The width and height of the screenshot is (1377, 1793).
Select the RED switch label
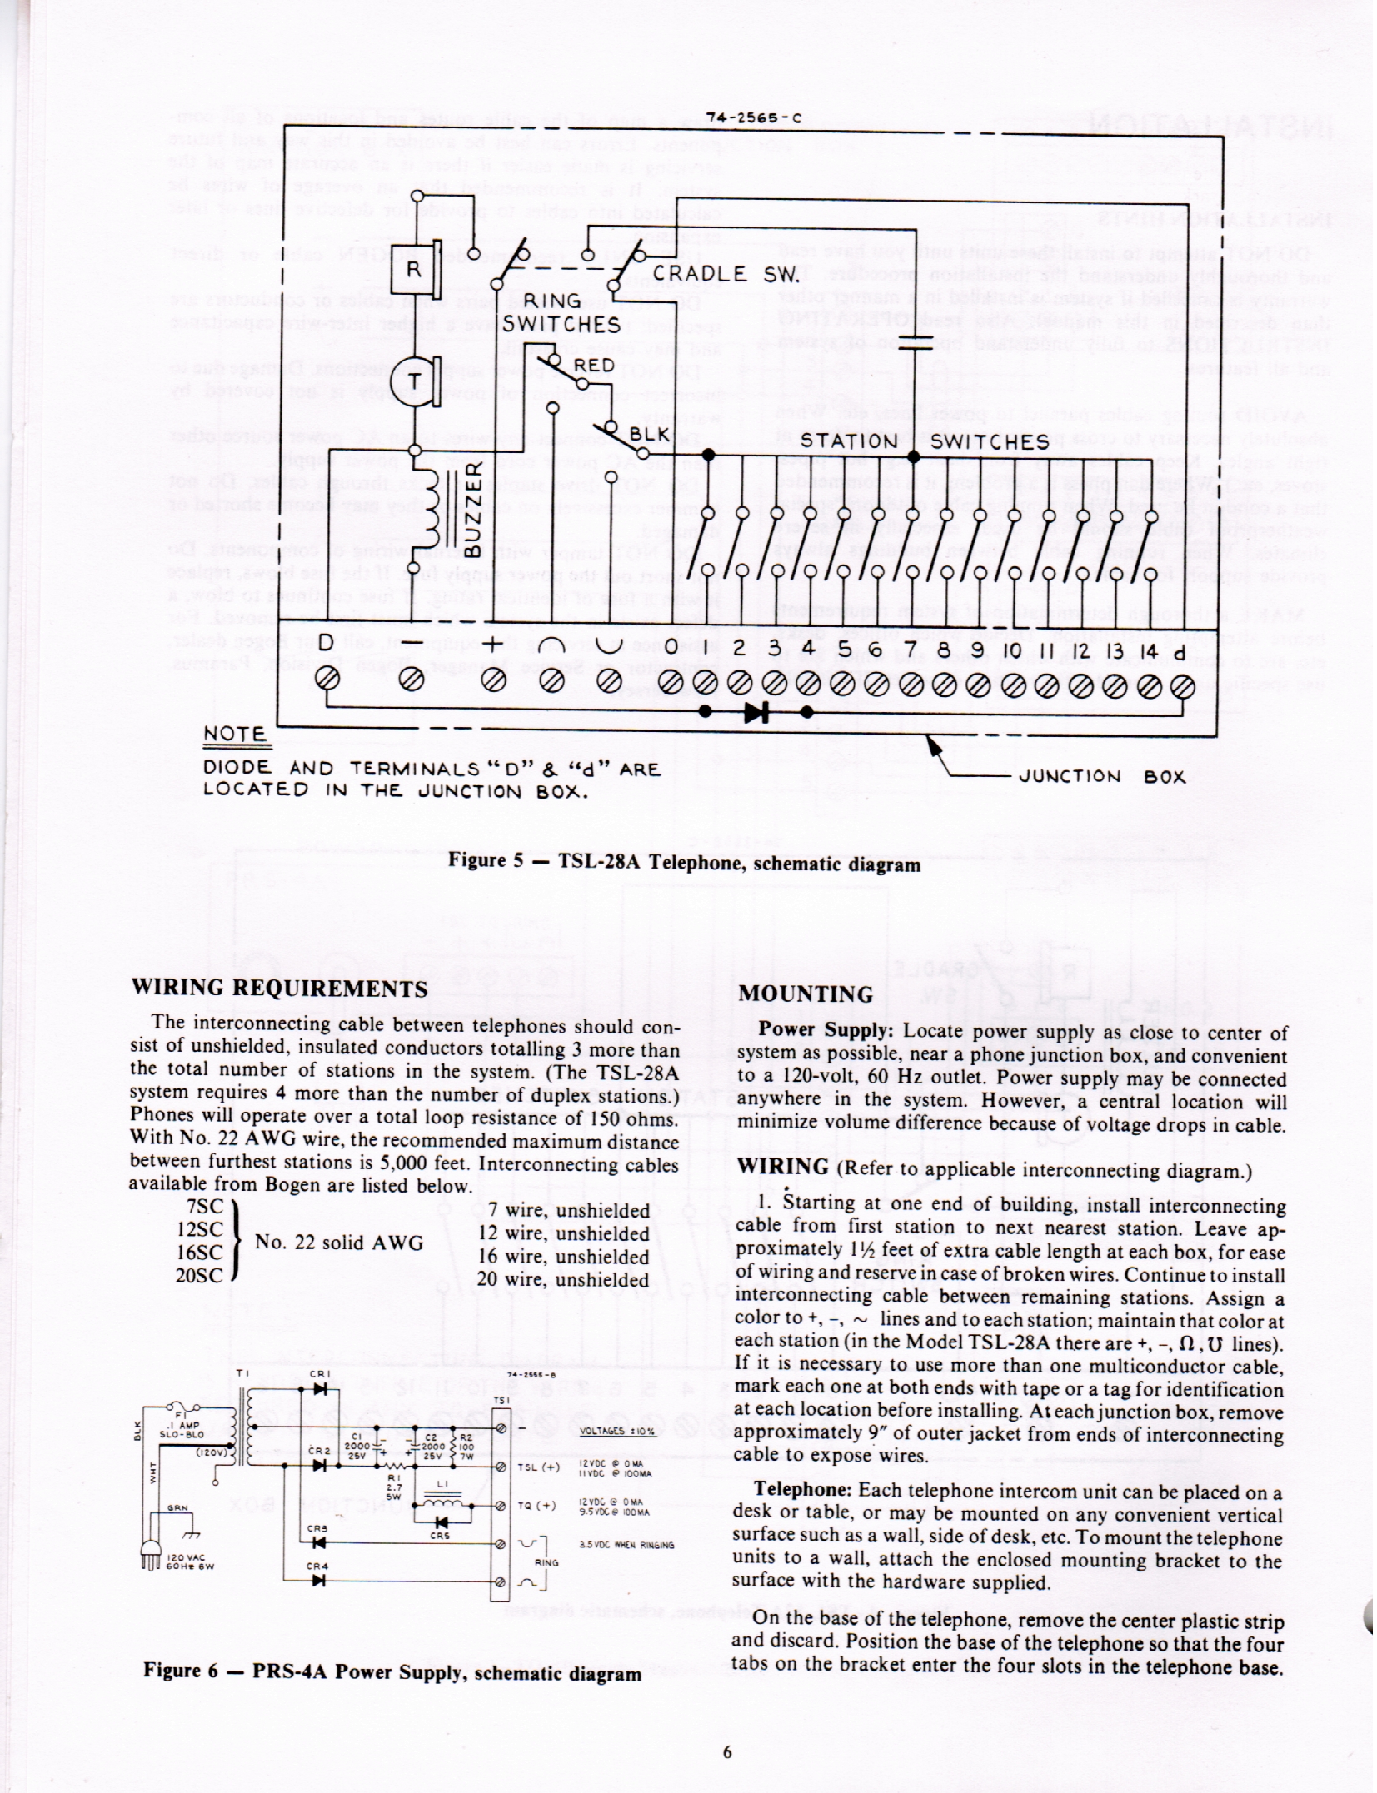point(594,366)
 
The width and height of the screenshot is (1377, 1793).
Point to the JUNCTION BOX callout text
point(1101,776)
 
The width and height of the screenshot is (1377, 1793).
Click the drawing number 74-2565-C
point(753,117)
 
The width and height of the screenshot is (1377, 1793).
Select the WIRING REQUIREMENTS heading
point(279,989)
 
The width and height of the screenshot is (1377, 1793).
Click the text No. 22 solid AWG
point(339,1242)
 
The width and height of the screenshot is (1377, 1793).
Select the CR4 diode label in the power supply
point(317,1566)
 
